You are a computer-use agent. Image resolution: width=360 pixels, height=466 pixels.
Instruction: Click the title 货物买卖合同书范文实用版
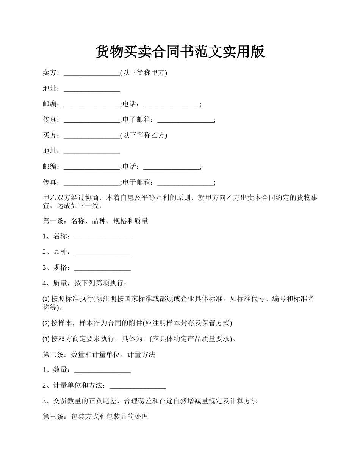(x=180, y=52)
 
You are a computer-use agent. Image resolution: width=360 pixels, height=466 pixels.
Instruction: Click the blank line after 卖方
(x=92, y=73)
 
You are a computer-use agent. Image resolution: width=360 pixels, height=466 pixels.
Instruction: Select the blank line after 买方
(x=92, y=136)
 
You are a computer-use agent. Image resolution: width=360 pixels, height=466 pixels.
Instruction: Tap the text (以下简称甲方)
(x=144, y=73)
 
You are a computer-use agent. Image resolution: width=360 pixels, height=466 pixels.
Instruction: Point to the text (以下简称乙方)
(x=144, y=135)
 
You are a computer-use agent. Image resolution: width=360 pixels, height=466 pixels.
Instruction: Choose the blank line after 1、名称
(x=102, y=237)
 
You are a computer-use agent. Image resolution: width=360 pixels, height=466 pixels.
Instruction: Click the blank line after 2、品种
(x=102, y=252)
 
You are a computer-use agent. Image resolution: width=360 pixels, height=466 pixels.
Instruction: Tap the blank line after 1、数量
(x=102, y=370)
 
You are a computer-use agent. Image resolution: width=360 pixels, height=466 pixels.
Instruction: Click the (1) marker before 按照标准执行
(x=46, y=299)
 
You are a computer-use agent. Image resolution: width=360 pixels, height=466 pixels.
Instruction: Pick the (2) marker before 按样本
(x=46, y=323)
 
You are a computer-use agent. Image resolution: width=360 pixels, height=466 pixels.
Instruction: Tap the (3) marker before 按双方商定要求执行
(x=46, y=339)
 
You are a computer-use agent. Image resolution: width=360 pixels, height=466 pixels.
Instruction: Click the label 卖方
(x=50, y=73)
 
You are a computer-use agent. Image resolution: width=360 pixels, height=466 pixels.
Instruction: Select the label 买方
(x=50, y=135)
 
